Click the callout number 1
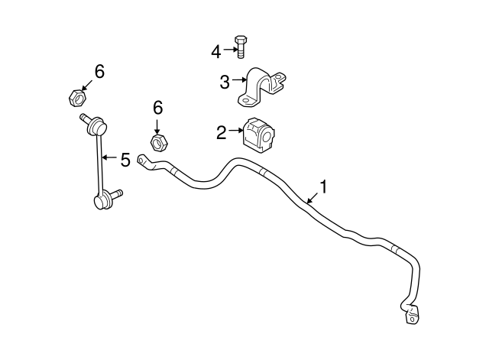point(324,186)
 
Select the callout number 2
point(222,132)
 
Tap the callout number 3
point(225,83)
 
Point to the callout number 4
point(215,52)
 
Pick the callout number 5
point(125,160)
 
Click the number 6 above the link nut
point(99,72)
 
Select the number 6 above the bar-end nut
point(158,108)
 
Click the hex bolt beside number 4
point(240,47)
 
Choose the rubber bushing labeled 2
point(259,136)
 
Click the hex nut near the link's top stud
point(77,98)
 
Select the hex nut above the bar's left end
point(159,143)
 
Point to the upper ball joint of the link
point(96,125)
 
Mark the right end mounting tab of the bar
point(412,316)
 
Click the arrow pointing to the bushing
point(235,131)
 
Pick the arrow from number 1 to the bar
point(313,198)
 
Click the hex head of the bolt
point(241,41)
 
